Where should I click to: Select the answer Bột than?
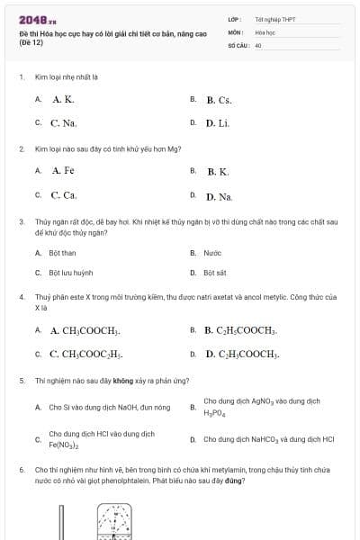pyautogui.click(x=62, y=253)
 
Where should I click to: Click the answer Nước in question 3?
pyautogui.click(x=212, y=253)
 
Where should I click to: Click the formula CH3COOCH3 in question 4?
pyautogui.click(x=85, y=331)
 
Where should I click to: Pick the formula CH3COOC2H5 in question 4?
pyautogui.click(x=86, y=355)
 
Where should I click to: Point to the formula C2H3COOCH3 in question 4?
pyautogui.click(x=242, y=355)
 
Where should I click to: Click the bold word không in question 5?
pyautogui.click(x=112, y=381)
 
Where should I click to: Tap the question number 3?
pyautogui.click(x=21, y=220)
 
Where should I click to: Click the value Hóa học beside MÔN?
pyautogui.click(x=265, y=31)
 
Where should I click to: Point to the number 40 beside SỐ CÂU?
pyautogui.click(x=258, y=44)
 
